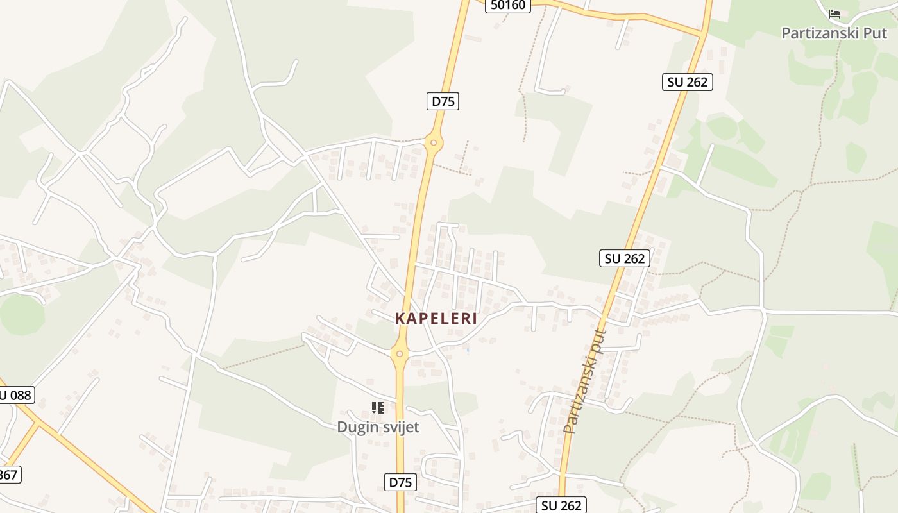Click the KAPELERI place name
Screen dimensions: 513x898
click(436, 319)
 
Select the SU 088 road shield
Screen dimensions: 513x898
click(15, 395)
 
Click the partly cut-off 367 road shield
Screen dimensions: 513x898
click(9, 475)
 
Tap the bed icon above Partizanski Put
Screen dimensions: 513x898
click(834, 13)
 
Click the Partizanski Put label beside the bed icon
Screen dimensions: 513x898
click(834, 33)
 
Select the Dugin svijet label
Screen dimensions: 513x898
click(378, 427)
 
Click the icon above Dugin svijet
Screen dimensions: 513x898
click(378, 407)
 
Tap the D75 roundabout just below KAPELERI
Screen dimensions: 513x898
click(399, 353)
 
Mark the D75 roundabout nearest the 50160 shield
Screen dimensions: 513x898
click(434, 142)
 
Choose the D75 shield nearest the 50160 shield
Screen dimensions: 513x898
click(443, 101)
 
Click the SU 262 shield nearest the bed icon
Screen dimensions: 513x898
click(687, 82)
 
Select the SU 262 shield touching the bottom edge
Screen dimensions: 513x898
click(561, 505)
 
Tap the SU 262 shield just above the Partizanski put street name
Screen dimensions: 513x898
click(625, 258)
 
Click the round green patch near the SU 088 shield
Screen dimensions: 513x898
click(22, 314)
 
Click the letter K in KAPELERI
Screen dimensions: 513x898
click(400, 319)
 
